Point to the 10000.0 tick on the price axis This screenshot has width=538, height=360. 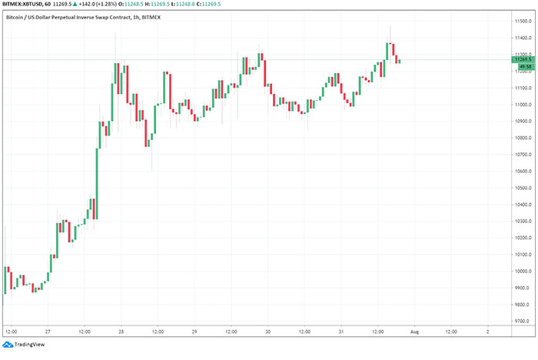[x=524, y=272]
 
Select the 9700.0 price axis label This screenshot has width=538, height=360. [x=524, y=322]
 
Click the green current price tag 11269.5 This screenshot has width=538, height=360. [x=525, y=59]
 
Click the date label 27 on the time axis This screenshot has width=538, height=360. [x=48, y=332]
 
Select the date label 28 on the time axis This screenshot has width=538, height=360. [x=121, y=332]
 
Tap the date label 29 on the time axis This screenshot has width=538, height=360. [x=194, y=332]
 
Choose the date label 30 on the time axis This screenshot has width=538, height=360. [x=267, y=332]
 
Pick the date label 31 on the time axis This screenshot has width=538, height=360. [x=340, y=332]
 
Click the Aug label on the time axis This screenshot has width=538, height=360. [x=413, y=332]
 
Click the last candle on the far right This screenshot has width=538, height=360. [x=400, y=61]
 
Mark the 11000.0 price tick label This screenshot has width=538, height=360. [x=524, y=105]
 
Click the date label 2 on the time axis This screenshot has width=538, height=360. [x=487, y=332]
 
